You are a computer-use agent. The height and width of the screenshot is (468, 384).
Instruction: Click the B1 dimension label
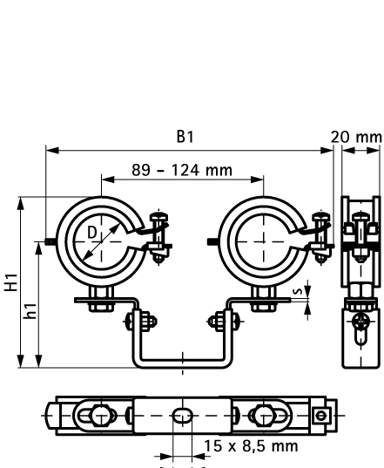(184, 136)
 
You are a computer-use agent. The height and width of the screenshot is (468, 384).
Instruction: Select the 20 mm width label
(357, 136)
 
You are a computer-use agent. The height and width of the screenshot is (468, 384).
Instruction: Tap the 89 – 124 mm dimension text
(182, 169)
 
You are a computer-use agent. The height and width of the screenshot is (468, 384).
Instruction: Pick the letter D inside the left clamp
(91, 232)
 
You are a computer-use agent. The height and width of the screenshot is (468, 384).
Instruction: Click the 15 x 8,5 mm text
(249, 446)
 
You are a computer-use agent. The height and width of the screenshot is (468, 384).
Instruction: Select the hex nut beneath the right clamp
(259, 304)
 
